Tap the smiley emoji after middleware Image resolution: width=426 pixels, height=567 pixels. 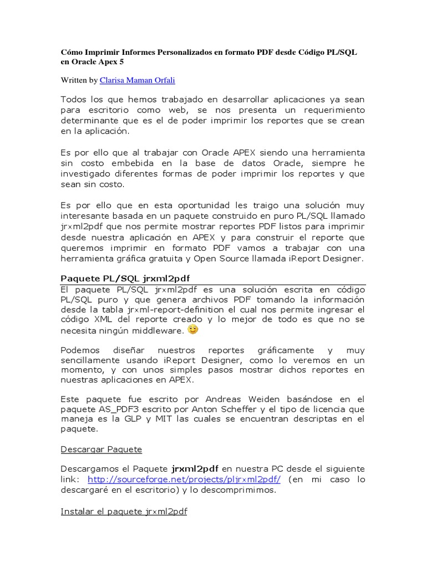[x=193, y=329]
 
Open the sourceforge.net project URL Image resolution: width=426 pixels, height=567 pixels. [x=184, y=479]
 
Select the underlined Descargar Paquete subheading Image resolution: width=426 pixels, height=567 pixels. [x=101, y=449]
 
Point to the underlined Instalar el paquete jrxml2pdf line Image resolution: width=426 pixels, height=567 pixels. [x=124, y=512]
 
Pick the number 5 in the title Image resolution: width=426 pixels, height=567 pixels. [x=121, y=62]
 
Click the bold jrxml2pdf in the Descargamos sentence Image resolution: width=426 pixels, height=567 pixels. [x=195, y=468]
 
